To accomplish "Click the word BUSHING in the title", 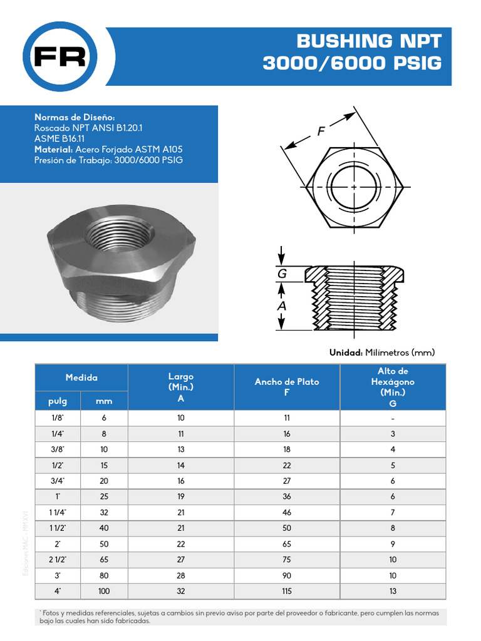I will pyautogui.click(x=343, y=41).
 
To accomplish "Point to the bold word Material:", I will pyautogui.click(x=54, y=150).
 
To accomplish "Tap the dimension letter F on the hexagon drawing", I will pyautogui.click(x=321, y=131).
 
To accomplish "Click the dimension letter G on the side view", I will pyautogui.click(x=282, y=274).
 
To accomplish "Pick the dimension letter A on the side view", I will pyautogui.click(x=282, y=306).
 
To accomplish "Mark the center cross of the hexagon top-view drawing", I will pyautogui.click(x=354, y=187).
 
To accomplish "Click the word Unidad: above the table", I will pyautogui.click(x=346, y=353).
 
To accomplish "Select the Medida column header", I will pyautogui.click(x=81, y=377).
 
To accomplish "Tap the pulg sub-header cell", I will pyautogui.click(x=58, y=401).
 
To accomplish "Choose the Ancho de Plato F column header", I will pyautogui.click(x=287, y=387).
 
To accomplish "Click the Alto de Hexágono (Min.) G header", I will pyautogui.click(x=393, y=387).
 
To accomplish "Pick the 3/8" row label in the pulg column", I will pyautogui.click(x=58, y=449).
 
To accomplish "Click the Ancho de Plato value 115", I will pyautogui.click(x=287, y=591).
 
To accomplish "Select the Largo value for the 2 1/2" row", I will pyautogui.click(x=181, y=559).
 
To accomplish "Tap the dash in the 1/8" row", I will pyautogui.click(x=393, y=418).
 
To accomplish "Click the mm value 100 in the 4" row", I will pyautogui.click(x=104, y=591).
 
